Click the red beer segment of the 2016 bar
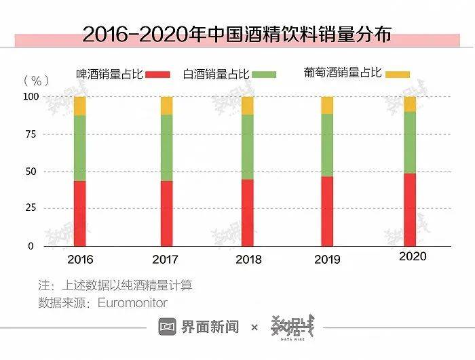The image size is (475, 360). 80,213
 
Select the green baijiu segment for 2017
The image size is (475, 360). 167,148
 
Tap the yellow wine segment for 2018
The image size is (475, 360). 247,106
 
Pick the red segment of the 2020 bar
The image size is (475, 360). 409,209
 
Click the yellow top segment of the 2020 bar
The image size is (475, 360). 409,104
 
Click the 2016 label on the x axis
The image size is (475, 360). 80,260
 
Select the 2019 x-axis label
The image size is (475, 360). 327,260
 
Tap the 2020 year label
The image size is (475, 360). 413,256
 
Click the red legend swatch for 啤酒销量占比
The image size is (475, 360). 159,74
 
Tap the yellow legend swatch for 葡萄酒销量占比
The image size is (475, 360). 398,73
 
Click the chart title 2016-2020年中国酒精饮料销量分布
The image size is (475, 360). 237,34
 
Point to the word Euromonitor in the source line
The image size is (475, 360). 132,303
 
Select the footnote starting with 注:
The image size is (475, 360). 115,285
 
